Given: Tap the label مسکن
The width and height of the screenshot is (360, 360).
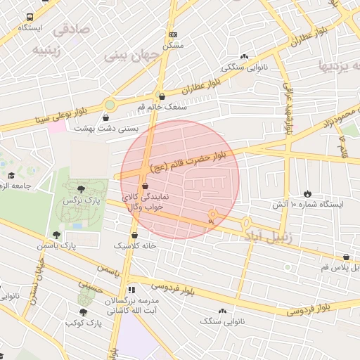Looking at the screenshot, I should click(172, 44).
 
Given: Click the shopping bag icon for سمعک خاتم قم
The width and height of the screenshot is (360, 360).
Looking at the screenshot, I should click(162, 97).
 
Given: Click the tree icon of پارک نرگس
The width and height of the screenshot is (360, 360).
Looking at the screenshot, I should click(82, 188).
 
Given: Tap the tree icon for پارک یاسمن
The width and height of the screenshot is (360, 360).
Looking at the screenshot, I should click(56, 235).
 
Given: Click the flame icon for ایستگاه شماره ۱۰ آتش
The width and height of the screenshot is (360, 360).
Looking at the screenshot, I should click(307, 193).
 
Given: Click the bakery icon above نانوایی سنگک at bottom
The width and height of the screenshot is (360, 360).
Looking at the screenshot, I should click(223, 310).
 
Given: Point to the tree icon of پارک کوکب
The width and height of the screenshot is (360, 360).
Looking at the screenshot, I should click(83, 311).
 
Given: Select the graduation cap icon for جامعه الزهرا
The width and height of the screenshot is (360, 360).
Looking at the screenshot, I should click(11, 175).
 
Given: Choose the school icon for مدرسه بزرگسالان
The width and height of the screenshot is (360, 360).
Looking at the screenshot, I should click(131, 290).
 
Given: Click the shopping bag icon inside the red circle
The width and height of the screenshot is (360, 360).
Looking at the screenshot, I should click(145, 186).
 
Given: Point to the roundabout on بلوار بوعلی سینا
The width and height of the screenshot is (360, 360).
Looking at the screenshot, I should click(109, 105).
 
